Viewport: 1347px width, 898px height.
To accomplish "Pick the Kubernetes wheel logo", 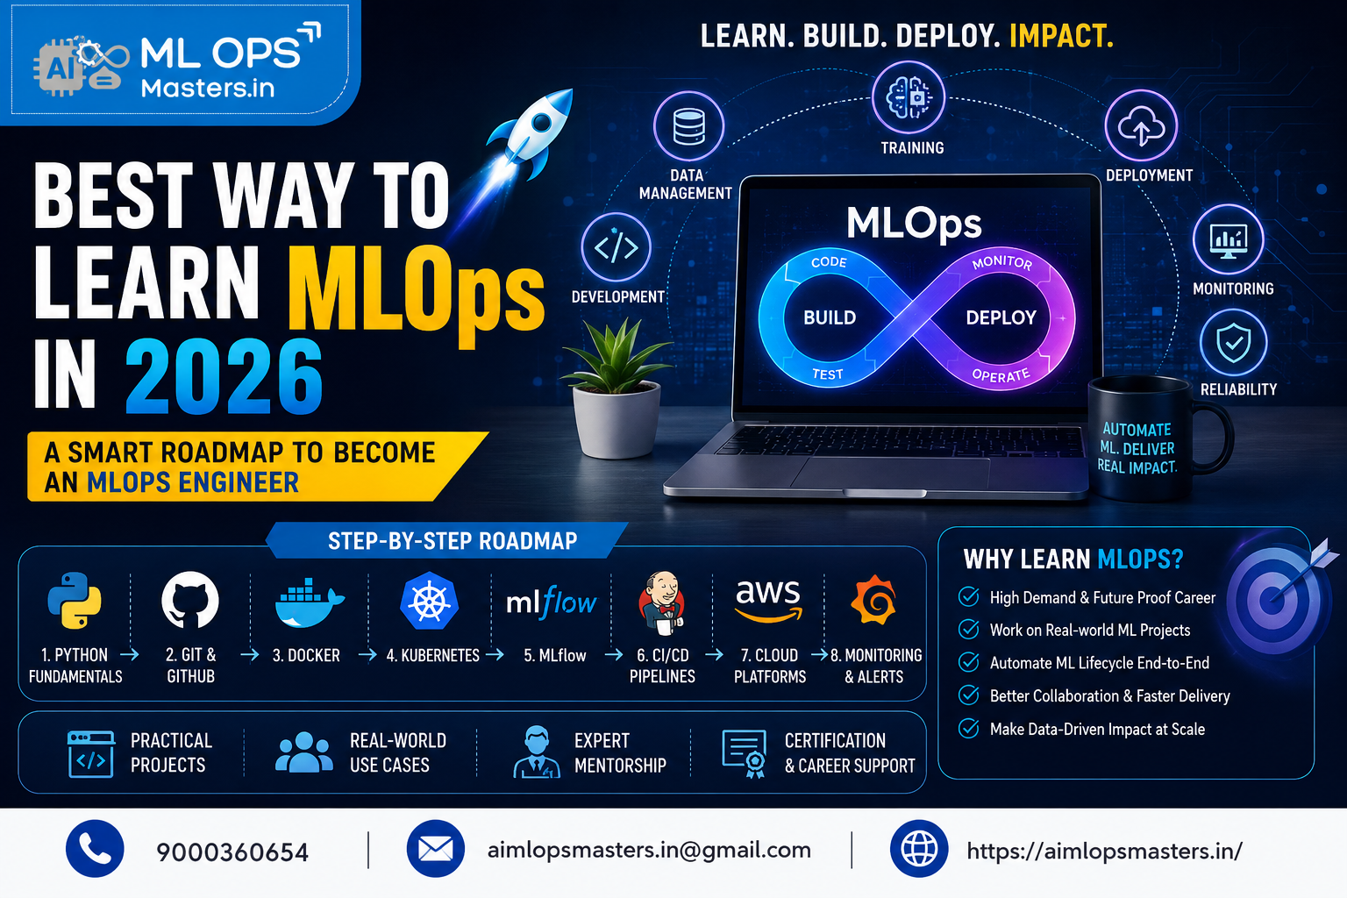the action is coord(430,600).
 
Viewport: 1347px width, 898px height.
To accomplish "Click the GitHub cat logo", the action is coord(190,600).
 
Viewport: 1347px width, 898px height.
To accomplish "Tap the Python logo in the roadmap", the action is coord(75,600).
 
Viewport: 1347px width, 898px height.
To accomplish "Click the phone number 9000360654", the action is coord(232,852).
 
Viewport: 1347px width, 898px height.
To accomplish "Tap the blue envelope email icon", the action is coord(435,849).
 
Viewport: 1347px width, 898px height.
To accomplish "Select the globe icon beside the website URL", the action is coord(919,849).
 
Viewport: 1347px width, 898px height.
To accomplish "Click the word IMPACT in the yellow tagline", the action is coord(1061,36).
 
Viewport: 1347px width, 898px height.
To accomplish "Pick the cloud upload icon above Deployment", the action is coord(1141,126).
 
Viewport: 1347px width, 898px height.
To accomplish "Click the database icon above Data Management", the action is coord(688,126).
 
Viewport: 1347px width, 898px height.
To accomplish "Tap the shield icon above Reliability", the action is coord(1233,343).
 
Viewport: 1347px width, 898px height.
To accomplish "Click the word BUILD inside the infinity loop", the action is coord(830,317).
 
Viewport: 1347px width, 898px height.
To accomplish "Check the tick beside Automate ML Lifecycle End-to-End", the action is coord(968,662).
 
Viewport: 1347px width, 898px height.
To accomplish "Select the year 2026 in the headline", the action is coord(224,376).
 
